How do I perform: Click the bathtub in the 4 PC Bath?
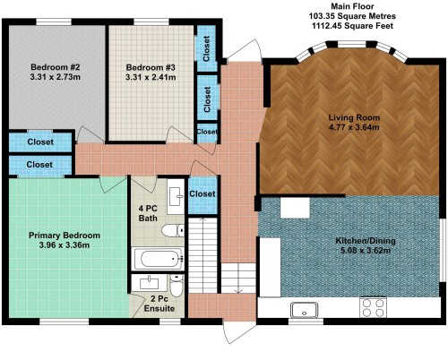[158, 260]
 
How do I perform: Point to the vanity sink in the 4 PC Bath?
[177, 194]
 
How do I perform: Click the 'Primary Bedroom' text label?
[64, 236]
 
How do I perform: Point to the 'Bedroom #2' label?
[56, 67]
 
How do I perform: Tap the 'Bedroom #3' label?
[151, 67]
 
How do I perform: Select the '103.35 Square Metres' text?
[353, 16]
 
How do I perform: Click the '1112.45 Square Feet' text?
[353, 27]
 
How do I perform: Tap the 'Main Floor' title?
[353, 6]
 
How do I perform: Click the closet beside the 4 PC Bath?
[203, 194]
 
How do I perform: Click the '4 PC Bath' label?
[148, 213]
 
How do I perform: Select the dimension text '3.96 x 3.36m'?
[64, 245]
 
